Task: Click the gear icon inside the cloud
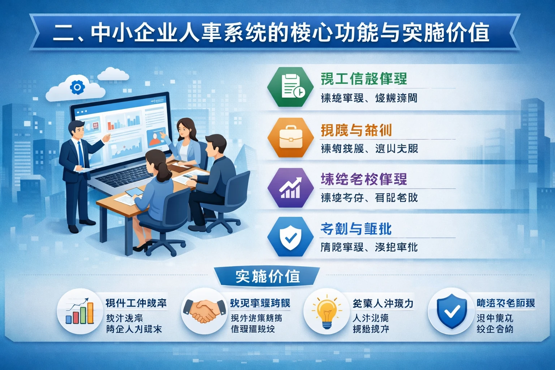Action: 77,87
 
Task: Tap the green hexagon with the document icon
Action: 291,87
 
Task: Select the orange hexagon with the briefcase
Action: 291,138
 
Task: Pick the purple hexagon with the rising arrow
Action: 291,188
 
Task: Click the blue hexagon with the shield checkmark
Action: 291,237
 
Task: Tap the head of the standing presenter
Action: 77,129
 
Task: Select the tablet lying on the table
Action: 134,192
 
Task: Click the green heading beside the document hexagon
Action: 363,79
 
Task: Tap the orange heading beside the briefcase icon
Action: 356,130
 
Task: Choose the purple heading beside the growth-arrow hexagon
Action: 363,179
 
